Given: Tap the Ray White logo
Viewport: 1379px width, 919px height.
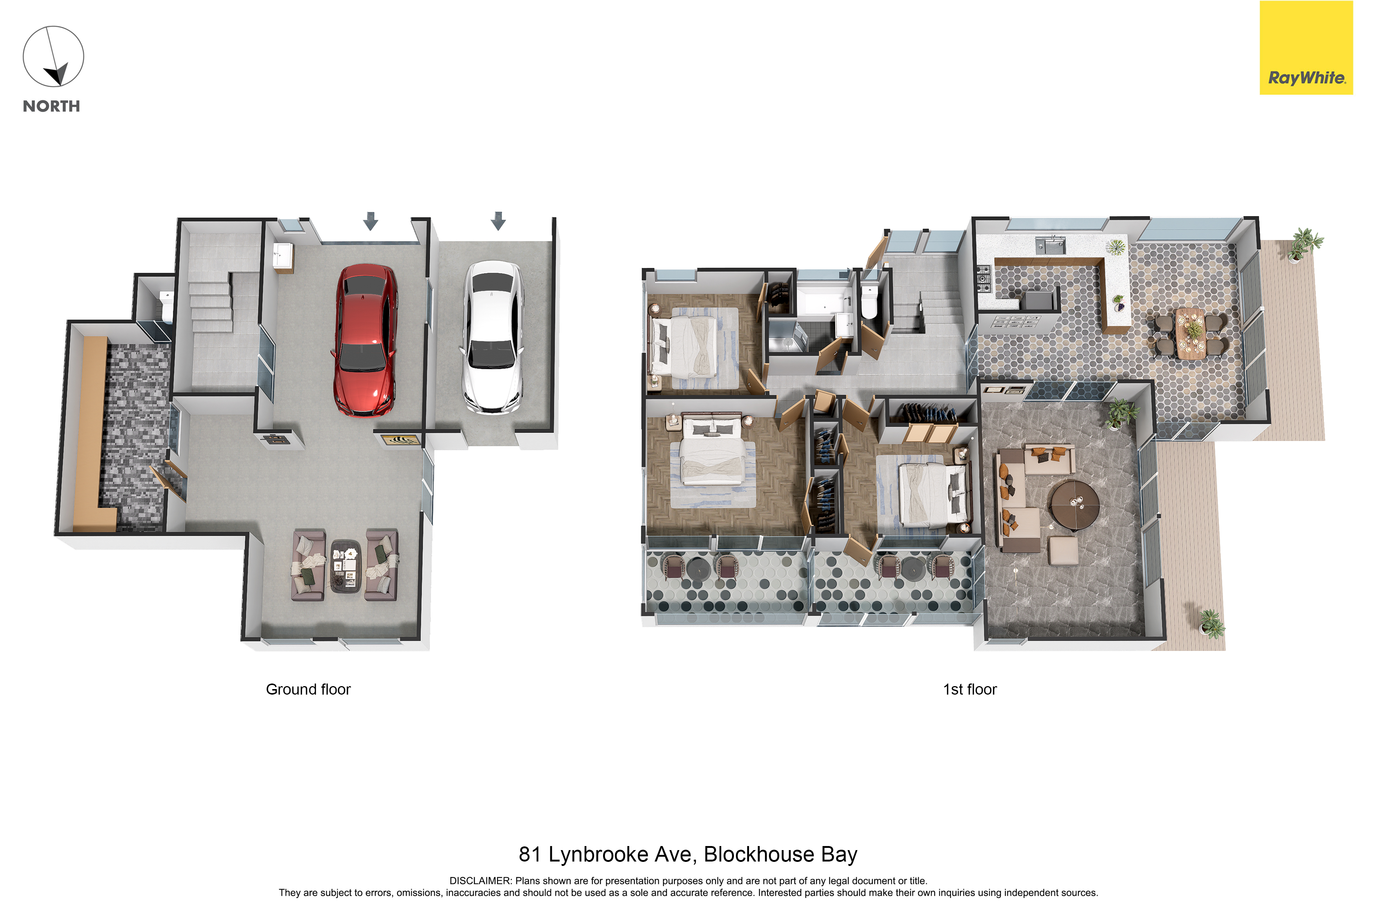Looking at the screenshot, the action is coord(1306,48).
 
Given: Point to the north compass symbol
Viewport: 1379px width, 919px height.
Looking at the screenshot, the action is coord(53,56).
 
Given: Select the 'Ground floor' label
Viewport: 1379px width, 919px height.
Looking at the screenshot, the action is coord(309,689).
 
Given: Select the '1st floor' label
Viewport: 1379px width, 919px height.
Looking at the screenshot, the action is coord(970,689).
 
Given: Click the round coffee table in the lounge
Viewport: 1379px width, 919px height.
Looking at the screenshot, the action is coord(1075,505).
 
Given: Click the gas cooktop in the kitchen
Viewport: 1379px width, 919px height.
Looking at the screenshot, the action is coord(983,279).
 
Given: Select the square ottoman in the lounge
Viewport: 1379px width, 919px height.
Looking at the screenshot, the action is coord(1063,551).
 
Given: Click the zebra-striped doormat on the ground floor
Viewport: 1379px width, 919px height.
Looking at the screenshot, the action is coord(401,440).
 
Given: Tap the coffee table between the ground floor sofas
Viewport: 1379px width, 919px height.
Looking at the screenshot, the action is coord(345,566).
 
